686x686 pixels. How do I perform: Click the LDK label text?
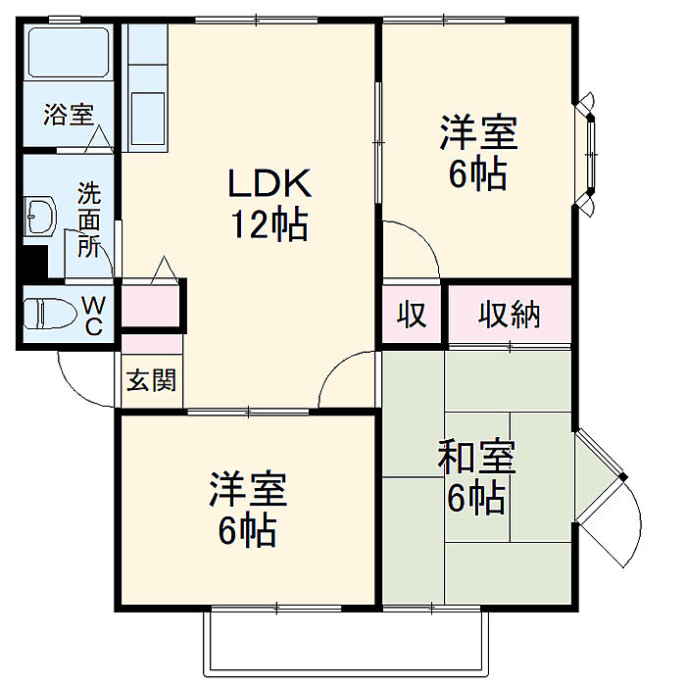[x=269, y=183]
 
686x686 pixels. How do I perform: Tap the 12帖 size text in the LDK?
[x=269, y=225]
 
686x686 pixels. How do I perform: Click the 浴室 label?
[x=68, y=114]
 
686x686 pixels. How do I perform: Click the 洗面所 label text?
[x=89, y=219]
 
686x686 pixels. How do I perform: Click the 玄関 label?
[x=151, y=380]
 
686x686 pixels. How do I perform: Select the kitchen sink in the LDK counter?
[x=149, y=108]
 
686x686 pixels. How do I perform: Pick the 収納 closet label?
[x=510, y=316]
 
